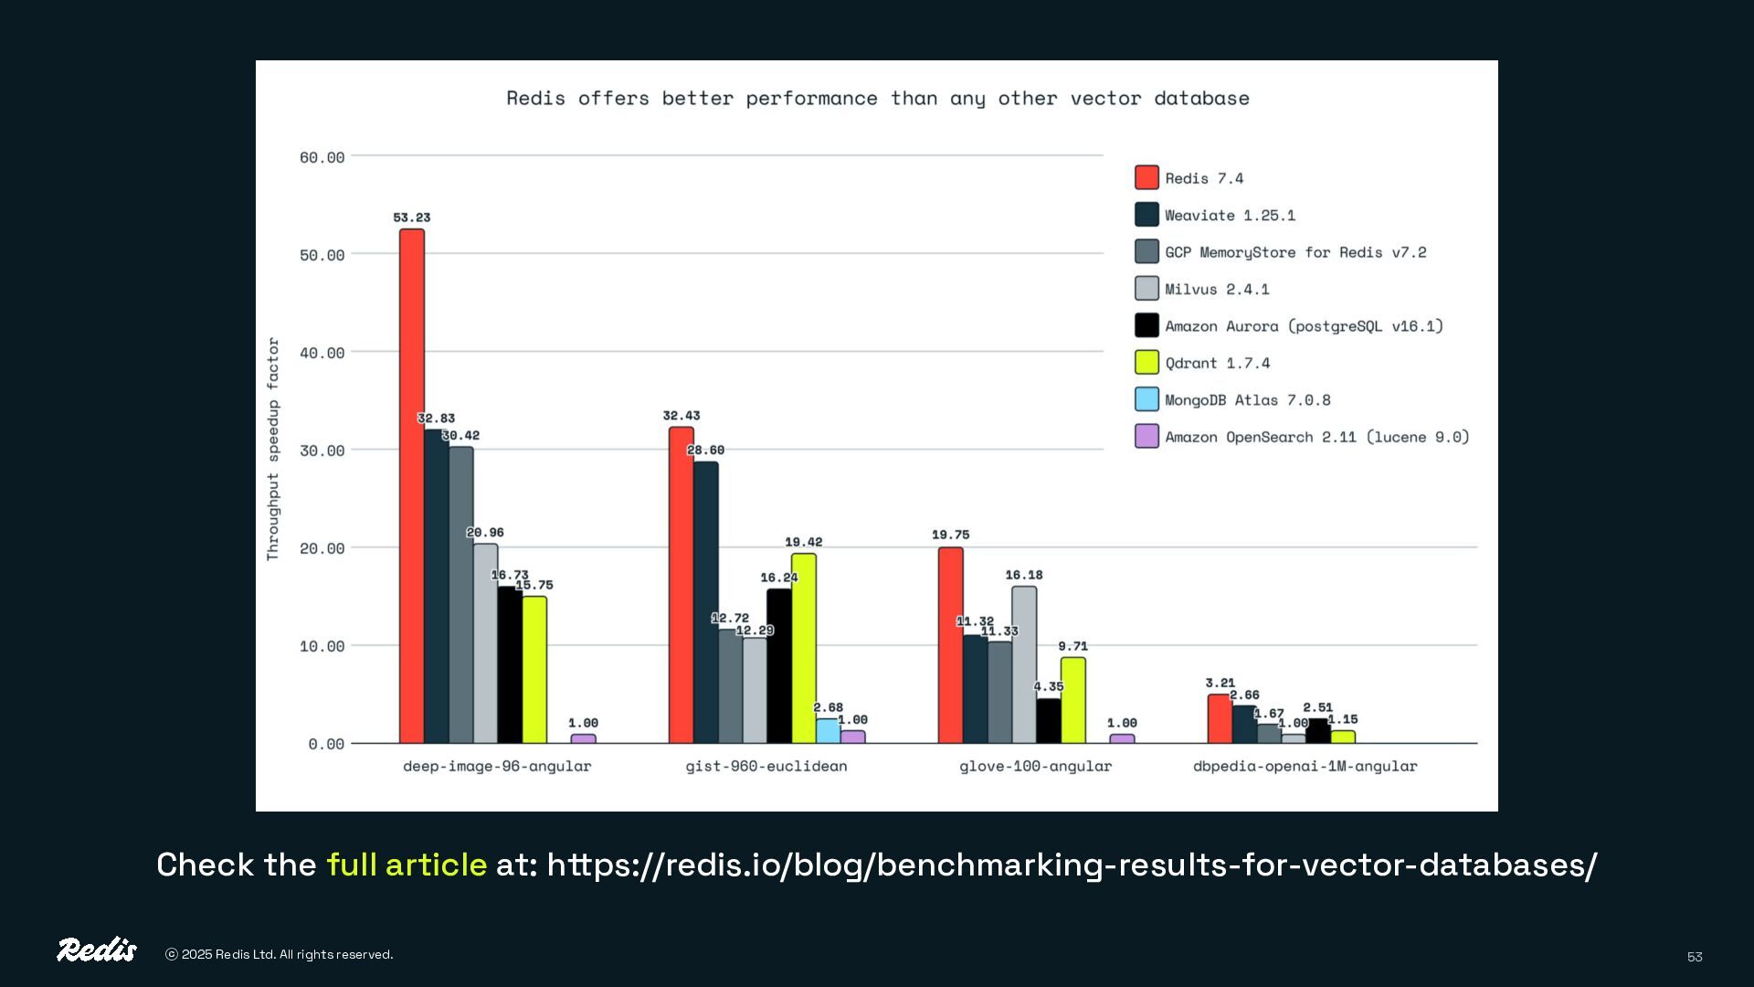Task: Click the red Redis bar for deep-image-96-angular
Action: pyautogui.click(x=412, y=485)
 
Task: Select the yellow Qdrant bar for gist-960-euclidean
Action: pyautogui.click(x=804, y=648)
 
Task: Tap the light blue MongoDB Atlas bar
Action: pyautogui.click(x=828, y=731)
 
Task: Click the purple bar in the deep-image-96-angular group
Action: pyautogui.click(x=583, y=738)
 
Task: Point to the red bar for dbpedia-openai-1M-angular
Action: pyautogui.click(x=1220, y=719)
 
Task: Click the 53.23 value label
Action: pyautogui.click(x=412, y=218)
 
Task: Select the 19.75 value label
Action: pyautogui.click(x=950, y=535)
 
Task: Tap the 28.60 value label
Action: pyautogui.click(x=705, y=451)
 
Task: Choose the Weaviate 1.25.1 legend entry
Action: pyautogui.click(x=1230, y=216)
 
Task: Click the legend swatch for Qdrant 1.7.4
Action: pyautogui.click(x=1146, y=363)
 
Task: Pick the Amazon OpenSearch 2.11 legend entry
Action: pyautogui.click(x=1316, y=438)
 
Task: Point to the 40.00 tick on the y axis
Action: pyautogui.click(x=322, y=353)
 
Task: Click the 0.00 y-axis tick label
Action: pyautogui.click(x=326, y=744)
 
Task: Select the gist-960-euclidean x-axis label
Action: pyautogui.click(x=766, y=767)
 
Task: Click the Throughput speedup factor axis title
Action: pyautogui.click(x=273, y=449)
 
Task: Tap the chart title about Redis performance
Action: pyautogui.click(x=877, y=99)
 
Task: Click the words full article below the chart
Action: pyautogui.click(x=407, y=865)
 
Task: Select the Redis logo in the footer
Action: pyautogui.click(x=97, y=950)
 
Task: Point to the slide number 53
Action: pyautogui.click(x=1695, y=957)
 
